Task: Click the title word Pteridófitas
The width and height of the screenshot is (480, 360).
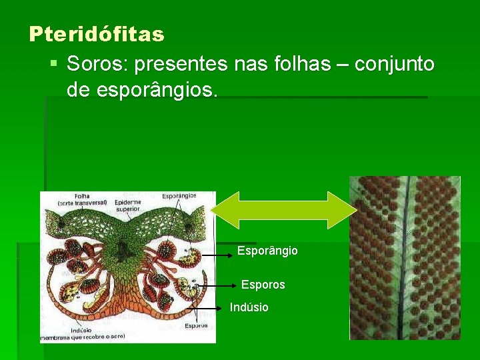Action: [x=96, y=33]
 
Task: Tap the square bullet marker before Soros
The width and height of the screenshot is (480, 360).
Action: [x=54, y=65]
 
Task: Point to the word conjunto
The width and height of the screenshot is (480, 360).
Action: [x=394, y=64]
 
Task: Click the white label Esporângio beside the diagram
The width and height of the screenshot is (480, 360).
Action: [x=267, y=251]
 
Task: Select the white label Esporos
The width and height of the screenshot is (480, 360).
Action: [x=263, y=285]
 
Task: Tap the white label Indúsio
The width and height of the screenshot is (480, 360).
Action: [x=249, y=307]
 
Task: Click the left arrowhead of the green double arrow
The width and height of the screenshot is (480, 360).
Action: [x=222, y=210]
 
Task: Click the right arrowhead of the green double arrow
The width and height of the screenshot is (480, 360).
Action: [x=347, y=210]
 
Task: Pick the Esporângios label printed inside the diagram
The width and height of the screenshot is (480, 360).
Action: [x=179, y=196]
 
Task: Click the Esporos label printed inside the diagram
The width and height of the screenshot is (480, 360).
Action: [x=196, y=325]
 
